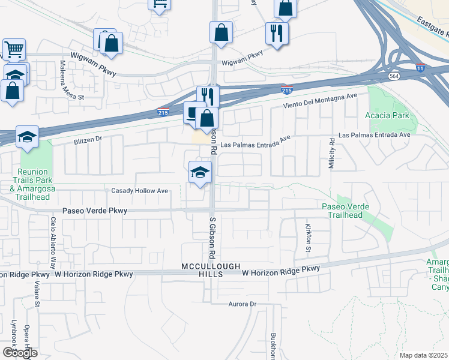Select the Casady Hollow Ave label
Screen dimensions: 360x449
(140, 191)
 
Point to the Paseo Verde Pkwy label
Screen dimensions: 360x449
(95, 211)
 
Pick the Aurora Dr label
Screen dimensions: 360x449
(243, 304)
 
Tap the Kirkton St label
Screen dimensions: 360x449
(309, 238)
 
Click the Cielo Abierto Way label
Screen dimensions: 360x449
(53, 243)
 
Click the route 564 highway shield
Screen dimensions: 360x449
(394, 76)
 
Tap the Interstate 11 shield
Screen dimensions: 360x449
(421, 69)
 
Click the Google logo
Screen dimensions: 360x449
(19, 353)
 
